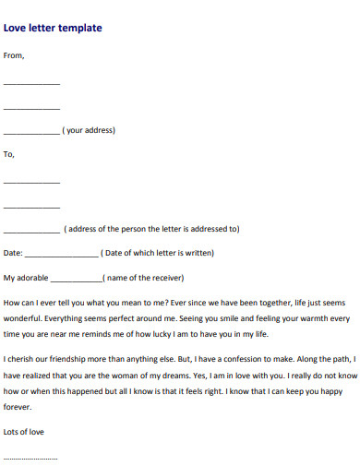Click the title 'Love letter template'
(53, 28)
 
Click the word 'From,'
(15, 55)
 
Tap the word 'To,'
(10, 154)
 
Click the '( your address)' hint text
(89, 130)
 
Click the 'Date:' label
(13, 253)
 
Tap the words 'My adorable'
(26, 277)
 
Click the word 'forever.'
(18, 406)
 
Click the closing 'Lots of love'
(24, 431)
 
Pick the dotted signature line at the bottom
(30, 458)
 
